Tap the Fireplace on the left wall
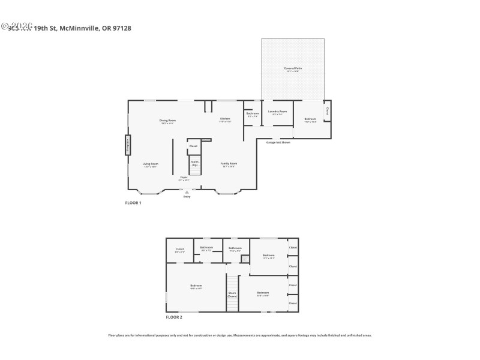click(127, 145)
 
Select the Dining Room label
click(167, 121)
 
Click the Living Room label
click(150, 164)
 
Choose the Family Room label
click(229, 164)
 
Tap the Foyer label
click(184, 178)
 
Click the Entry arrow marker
click(187, 192)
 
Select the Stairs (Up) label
click(194, 163)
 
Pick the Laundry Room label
click(277, 112)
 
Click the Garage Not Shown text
click(278, 143)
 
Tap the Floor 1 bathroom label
click(253, 114)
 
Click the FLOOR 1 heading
click(133, 203)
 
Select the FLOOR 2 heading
click(174, 316)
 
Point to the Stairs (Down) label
click(232, 295)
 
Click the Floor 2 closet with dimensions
click(180, 250)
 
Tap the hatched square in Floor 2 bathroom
click(245, 259)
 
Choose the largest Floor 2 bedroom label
click(196, 286)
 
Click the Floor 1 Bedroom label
click(310, 120)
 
